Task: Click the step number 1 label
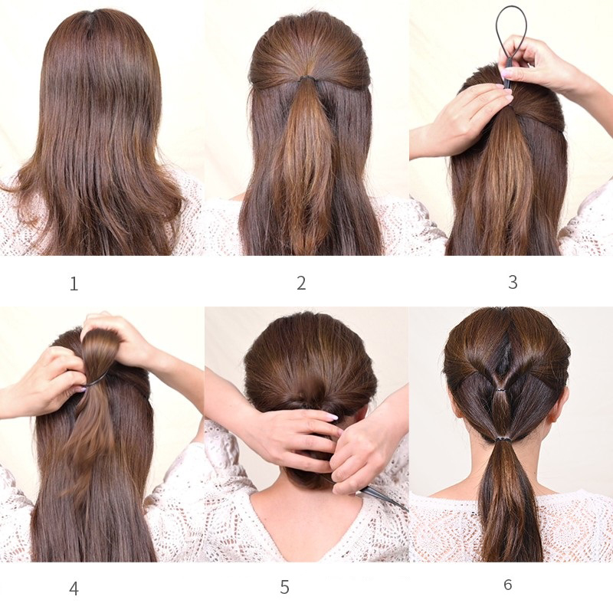point(74,284)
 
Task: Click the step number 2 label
point(301,283)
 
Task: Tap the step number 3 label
point(513,282)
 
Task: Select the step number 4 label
point(74,588)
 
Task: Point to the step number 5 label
point(284,587)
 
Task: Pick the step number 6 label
point(508,585)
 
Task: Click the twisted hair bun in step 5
point(310,395)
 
